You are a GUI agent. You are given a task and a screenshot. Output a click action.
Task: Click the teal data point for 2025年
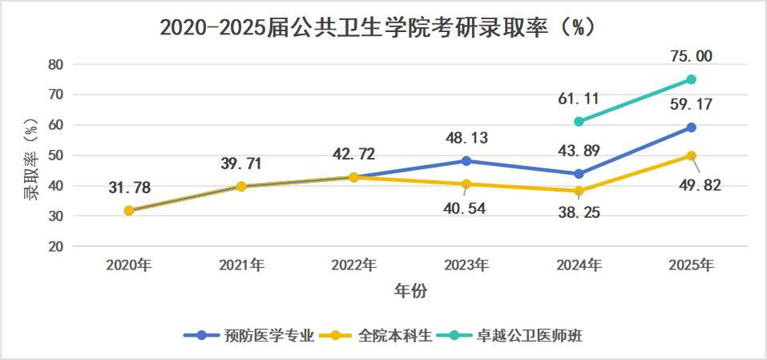(x=691, y=79)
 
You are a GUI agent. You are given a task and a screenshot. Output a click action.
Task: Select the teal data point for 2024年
(x=579, y=121)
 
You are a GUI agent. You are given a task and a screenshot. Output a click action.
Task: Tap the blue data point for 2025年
(x=691, y=127)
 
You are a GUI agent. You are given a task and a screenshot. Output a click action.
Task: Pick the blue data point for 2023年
(x=466, y=161)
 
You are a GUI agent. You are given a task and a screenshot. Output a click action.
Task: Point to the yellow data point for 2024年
(x=579, y=191)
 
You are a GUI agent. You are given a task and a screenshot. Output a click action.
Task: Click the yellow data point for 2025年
(x=691, y=156)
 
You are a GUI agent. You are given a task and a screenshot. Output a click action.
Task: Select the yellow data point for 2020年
(x=129, y=211)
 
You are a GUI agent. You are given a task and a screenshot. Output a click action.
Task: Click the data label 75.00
(x=691, y=56)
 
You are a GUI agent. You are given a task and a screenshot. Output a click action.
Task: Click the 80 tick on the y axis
(x=56, y=64)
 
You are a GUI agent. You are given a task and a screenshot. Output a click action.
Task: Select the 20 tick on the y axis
(x=56, y=246)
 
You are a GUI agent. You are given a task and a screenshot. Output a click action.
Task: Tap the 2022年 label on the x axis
(x=354, y=265)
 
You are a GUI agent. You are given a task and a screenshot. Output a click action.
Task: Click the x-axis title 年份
(x=410, y=291)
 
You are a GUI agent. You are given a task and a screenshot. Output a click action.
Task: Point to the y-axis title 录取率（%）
(x=30, y=157)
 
